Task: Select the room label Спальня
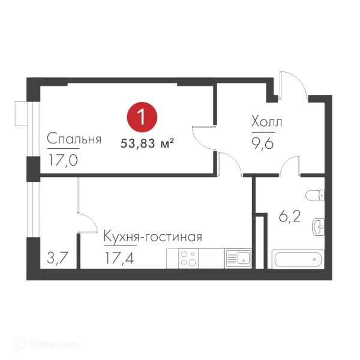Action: click(74, 139)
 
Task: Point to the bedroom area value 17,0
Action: click(62, 160)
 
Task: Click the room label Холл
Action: click(266, 122)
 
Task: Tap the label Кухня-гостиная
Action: click(152, 236)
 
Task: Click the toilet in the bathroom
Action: click(316, 195)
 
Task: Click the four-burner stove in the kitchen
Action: click(188, 258)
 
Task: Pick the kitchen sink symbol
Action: click(238, 258)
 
